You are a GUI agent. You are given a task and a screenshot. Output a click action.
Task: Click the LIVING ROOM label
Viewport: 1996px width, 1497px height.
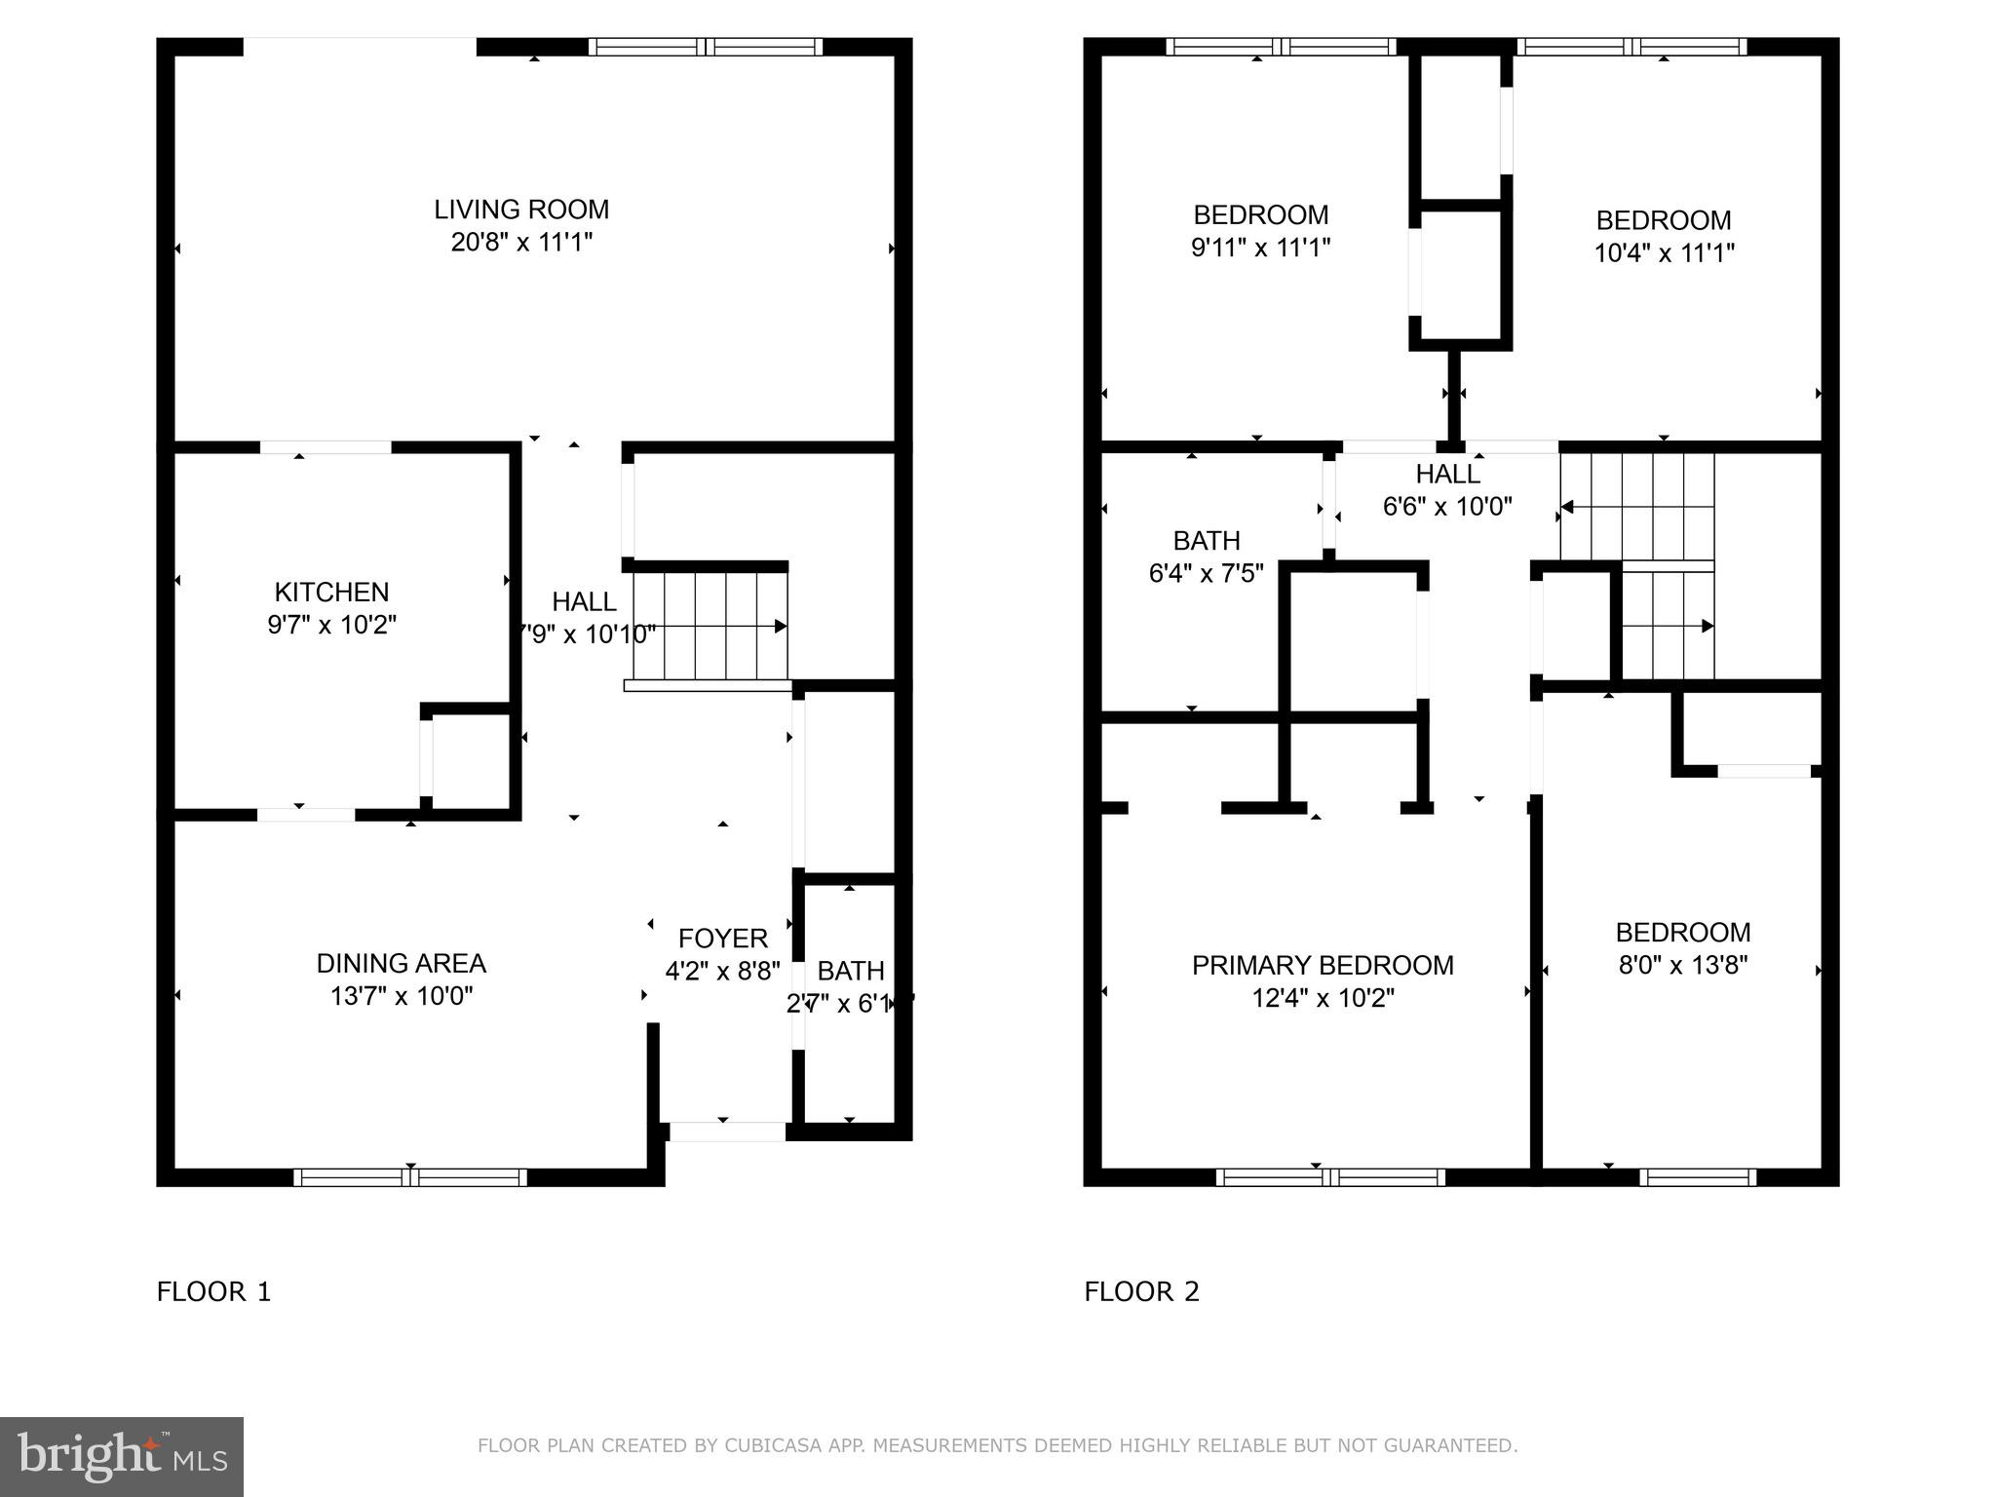pos(521,210)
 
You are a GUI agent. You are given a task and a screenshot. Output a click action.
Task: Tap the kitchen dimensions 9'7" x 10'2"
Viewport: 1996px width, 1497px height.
pos(331,625)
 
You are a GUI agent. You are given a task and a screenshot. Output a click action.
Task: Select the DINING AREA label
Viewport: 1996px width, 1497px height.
pos(401,963)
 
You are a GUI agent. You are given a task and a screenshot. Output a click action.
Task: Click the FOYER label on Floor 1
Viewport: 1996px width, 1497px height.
pos(722,938)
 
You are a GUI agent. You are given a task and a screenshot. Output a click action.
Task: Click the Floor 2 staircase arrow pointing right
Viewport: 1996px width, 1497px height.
pos(1707,626)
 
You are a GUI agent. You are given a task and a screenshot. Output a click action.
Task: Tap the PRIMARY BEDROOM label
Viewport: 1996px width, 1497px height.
pos(1323,965)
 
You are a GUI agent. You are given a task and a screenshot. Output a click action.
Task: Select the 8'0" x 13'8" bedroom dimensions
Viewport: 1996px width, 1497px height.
pos(1683,966)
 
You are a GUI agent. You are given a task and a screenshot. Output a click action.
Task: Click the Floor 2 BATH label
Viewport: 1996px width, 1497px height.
pos(1207,540)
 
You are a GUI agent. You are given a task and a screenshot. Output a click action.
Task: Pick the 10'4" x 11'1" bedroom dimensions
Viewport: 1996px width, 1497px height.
pos(1664,253)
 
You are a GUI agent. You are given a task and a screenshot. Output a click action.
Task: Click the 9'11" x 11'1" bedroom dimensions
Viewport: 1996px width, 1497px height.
pos(1260,248)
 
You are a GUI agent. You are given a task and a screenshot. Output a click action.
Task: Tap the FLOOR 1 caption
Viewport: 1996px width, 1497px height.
pos(213,1291)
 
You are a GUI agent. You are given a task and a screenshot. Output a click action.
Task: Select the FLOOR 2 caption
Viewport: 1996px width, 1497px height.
pos(1141,1291)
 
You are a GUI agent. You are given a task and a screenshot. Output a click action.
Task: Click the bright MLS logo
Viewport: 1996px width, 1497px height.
pos(122,1456)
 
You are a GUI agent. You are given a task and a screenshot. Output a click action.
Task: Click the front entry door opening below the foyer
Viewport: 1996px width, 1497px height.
pos(727,1132)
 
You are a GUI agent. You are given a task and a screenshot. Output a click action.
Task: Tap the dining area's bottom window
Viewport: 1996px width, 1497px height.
pos(410,1177)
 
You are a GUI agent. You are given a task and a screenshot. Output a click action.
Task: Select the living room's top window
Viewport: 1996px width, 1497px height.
pos(707,47)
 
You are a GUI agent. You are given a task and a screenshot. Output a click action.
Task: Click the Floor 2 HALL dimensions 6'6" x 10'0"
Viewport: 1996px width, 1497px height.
pos(1447,507)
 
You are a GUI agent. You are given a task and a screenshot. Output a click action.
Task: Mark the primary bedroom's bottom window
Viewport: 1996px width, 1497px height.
pos(1330,1177)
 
